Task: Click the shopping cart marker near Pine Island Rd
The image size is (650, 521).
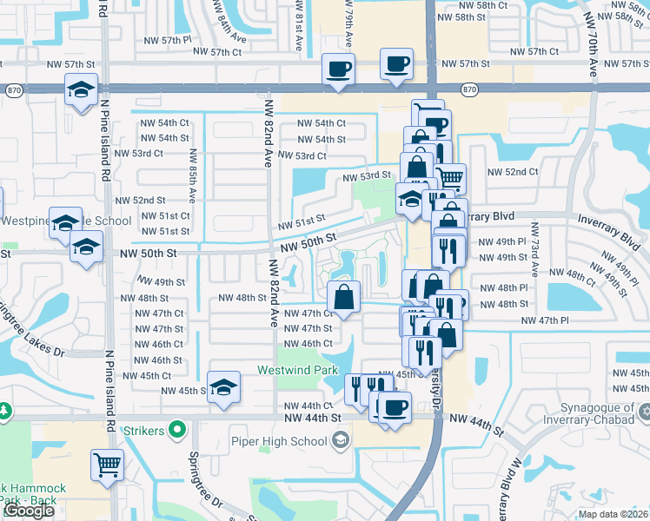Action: tap(107, 465)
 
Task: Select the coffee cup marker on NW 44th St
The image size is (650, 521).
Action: tap(395, 406)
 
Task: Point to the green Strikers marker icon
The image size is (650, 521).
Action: tap(178, 429)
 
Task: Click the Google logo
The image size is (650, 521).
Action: tap(28, 511)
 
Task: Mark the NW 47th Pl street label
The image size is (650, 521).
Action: tap(545, 321)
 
